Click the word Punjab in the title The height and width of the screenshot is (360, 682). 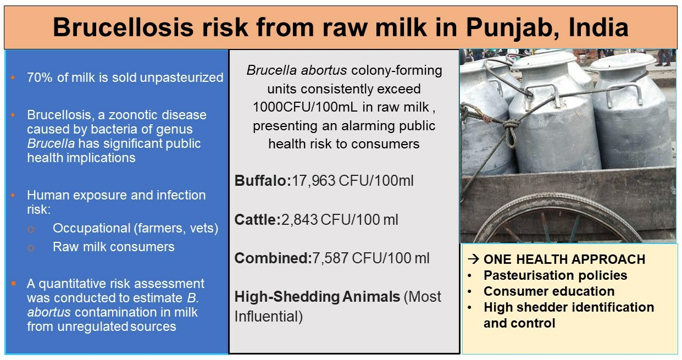(x=512, y=27)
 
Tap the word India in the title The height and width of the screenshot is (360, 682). (x=598, y=27)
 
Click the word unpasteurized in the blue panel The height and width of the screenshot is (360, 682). (x=181, y=78)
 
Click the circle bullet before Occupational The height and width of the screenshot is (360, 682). (x=31, y=229)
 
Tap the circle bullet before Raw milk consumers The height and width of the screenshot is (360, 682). (x=31, y=248)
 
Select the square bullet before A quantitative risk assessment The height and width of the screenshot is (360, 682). (x=13, y=284)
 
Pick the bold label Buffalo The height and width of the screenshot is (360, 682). (x=263, y=181)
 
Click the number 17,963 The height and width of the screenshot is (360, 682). (x=314, y=181)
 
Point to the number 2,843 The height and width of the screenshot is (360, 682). (x=300, y=220)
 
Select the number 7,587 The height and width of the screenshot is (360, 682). (x=330, y=258)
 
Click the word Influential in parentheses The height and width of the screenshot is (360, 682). (x=269, y=317)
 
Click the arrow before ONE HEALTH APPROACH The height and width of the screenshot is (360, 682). (x=474, y=259)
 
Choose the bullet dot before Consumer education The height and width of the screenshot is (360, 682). (x=470, y=291)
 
